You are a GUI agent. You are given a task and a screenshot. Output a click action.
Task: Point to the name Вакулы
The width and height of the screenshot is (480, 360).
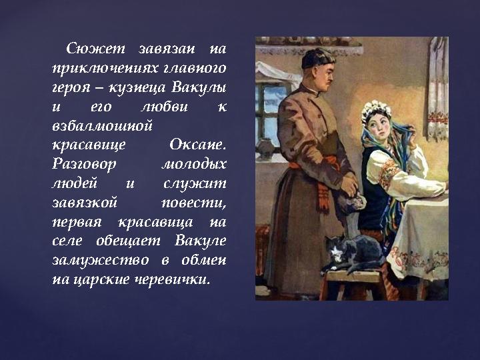[x=198, y=87]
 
